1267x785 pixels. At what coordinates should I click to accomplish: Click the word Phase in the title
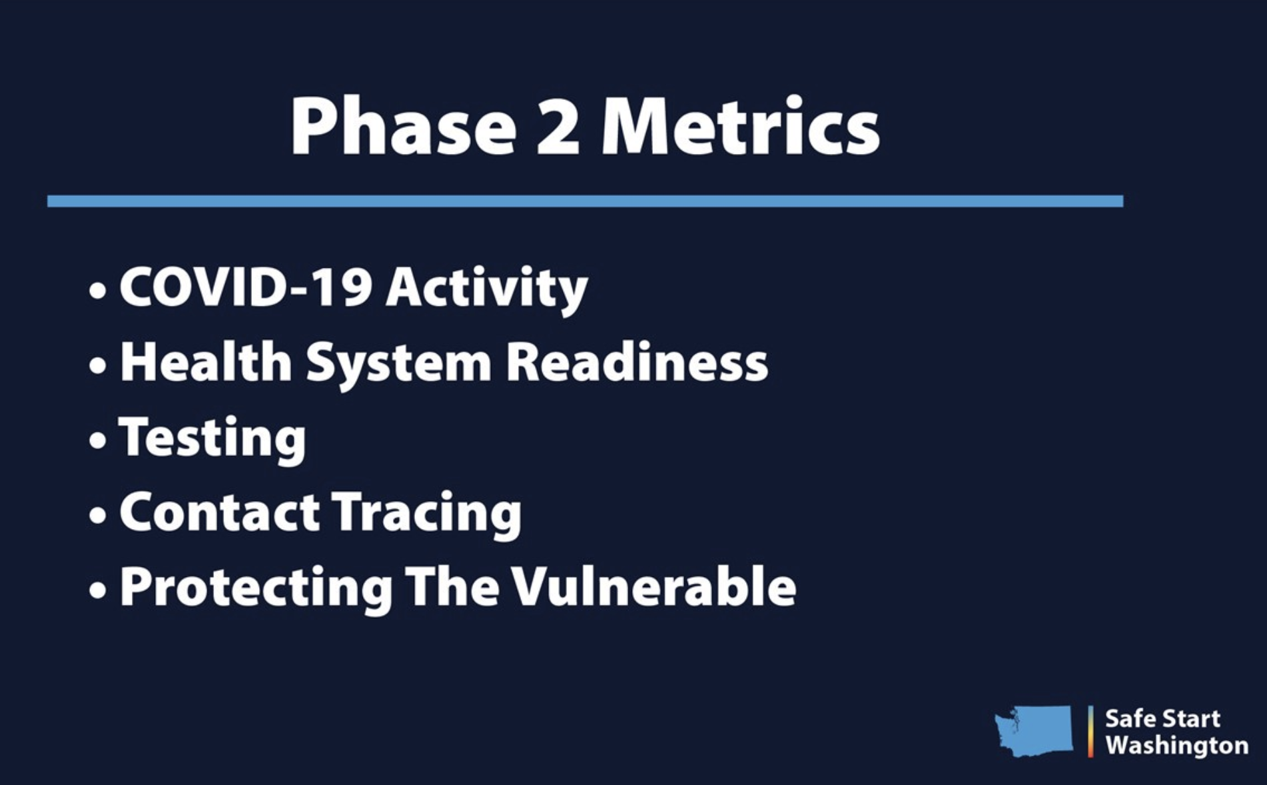point(403,126)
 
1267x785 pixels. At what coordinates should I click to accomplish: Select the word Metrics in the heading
point(740,126)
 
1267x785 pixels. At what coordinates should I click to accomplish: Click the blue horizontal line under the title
point(585,201)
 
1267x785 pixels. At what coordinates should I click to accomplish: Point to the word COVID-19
point(244,287)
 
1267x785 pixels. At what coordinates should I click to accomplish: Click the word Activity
point(486,289)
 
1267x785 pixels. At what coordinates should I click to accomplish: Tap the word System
point(398,365)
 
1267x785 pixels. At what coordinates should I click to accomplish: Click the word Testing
point(212,438)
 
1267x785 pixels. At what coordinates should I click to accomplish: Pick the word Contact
point(220,512)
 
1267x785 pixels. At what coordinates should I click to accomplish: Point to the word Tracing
point(426,514)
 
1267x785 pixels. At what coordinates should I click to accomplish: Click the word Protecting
point(256,588)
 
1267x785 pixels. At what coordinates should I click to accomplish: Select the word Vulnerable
point(654,586)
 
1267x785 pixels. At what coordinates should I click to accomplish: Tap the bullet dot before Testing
point(97,441)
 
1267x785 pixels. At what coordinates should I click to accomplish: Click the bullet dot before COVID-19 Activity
point(97,291)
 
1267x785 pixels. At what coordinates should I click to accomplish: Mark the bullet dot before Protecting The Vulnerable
point(97,590)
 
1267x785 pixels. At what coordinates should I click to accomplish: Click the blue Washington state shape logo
point(1034,731)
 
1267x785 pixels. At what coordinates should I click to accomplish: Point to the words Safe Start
point(1162,718)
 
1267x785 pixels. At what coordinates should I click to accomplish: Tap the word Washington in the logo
point(1176,746)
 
